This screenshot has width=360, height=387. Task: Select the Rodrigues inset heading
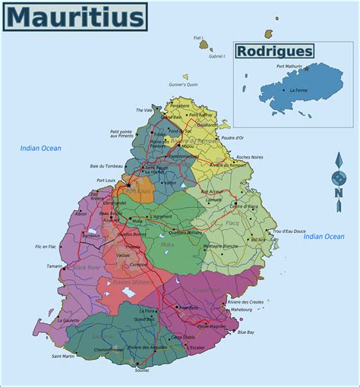274,51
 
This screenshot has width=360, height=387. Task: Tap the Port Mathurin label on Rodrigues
289,67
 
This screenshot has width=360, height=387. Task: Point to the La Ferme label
298,90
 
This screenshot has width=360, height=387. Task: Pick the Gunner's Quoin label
183,84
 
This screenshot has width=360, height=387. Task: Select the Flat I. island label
199,37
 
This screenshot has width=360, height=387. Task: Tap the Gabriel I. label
219,56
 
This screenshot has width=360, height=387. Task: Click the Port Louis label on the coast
106,180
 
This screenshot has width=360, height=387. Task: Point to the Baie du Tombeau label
106,166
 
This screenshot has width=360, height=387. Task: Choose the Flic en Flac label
46,247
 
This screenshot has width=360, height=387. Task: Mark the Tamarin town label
55,266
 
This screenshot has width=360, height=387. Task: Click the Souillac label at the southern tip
143,370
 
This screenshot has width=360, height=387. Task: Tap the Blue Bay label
245,332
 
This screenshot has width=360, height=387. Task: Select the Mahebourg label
241,310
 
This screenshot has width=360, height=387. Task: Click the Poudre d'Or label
232,138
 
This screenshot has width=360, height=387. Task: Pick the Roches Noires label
249,157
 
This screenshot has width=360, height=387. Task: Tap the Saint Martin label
63,356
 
